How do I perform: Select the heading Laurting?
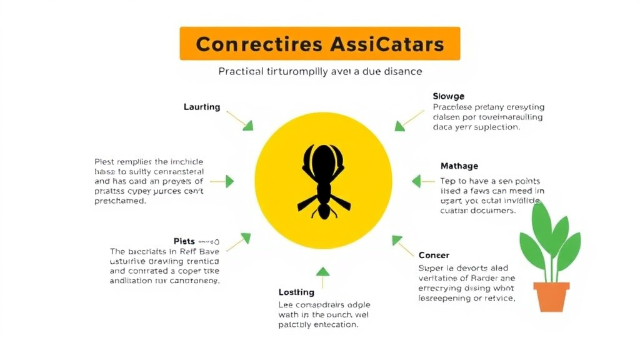point(202,107)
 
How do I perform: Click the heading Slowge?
point(448,96)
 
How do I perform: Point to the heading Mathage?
point(459,166)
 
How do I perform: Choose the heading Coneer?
point(434,255)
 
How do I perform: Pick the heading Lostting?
point(296,292)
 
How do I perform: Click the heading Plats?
point(184,241)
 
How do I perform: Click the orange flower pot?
point(551,296)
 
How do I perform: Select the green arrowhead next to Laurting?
point(248,125)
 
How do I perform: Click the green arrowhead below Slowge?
point(400,126)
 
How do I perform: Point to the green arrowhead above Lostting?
point(322,272)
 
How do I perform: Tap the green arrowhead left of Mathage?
point(416,181)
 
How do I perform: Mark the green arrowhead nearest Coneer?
point(396,240)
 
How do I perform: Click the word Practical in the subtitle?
point(241,71)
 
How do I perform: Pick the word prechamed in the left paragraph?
point(120,201)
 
